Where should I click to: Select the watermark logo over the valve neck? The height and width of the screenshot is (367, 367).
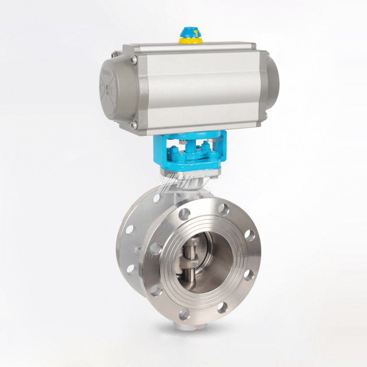[183, 186]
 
